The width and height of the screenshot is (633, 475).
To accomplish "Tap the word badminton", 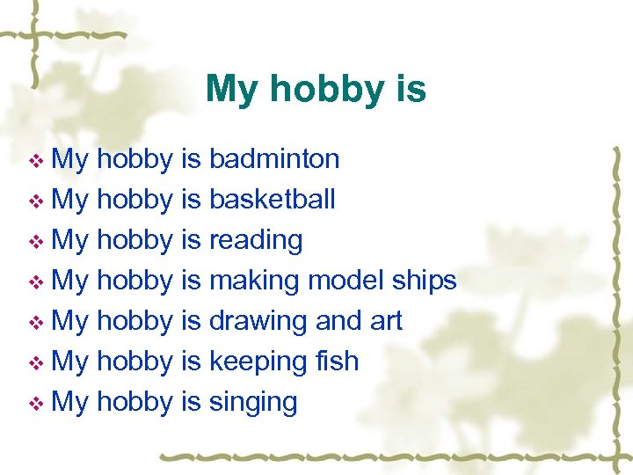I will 274,159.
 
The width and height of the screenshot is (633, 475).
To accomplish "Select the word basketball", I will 272,200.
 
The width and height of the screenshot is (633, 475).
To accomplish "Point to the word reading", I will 256,240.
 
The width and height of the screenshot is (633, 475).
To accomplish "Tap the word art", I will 386,321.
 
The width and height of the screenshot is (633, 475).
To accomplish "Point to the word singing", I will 253,402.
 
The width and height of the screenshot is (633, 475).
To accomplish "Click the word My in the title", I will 230,90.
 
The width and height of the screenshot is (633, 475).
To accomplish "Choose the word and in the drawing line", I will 338,321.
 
